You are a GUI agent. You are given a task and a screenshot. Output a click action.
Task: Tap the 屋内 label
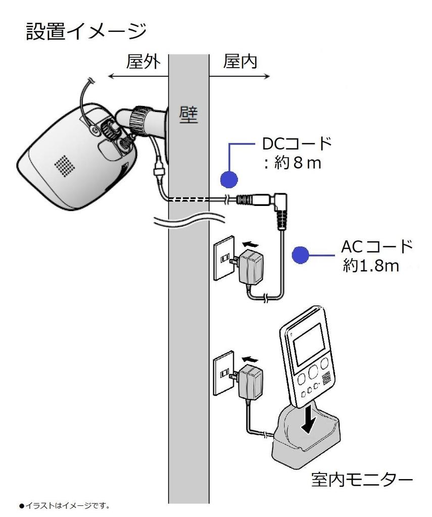239,62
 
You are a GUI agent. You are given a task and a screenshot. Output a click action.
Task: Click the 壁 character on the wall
188,116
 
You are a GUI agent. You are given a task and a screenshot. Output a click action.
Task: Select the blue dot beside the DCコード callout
229,179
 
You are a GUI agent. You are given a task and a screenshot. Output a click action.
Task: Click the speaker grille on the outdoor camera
64,164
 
